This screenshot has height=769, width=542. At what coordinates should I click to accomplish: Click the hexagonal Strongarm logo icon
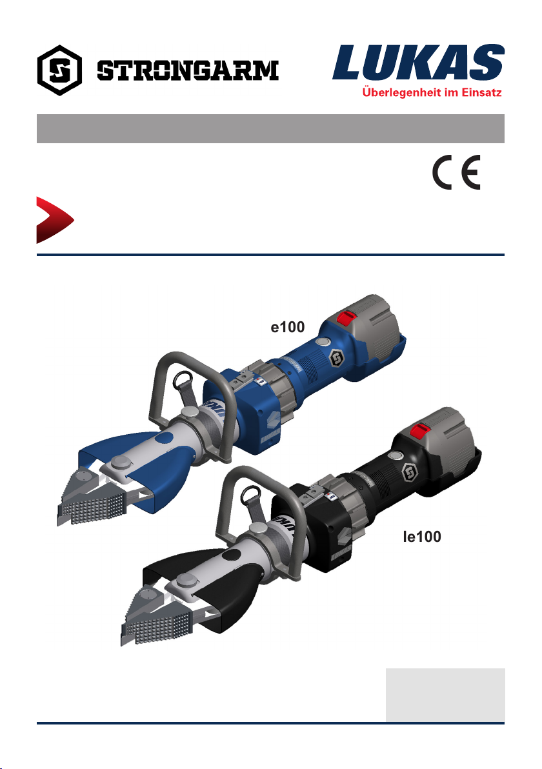[59, 70]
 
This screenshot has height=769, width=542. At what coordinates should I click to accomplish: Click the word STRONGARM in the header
[188, 70]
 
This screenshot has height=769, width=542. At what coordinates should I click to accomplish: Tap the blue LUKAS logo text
[418, 63]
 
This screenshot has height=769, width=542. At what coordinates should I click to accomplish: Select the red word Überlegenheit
[402, 92]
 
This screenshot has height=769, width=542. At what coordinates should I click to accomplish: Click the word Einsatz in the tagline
[481, 92]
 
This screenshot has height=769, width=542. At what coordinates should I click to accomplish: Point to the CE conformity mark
[456, 172]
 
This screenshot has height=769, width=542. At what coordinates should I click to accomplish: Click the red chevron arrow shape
[54, 220]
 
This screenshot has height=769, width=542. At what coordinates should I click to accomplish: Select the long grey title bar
[271, 128]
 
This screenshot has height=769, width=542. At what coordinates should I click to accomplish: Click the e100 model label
[288, 327]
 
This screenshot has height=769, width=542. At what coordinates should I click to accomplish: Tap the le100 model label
[422, 537]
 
